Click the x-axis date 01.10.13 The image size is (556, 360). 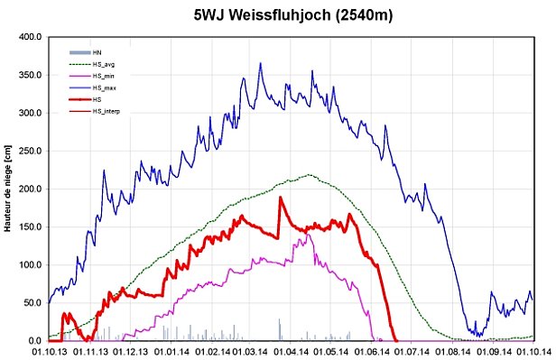[x=49, y=352]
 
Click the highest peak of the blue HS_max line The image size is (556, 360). [x=260, y=63]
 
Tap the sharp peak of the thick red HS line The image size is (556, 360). [x=280, y=198]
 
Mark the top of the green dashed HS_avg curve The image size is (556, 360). [x=310, y=175]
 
